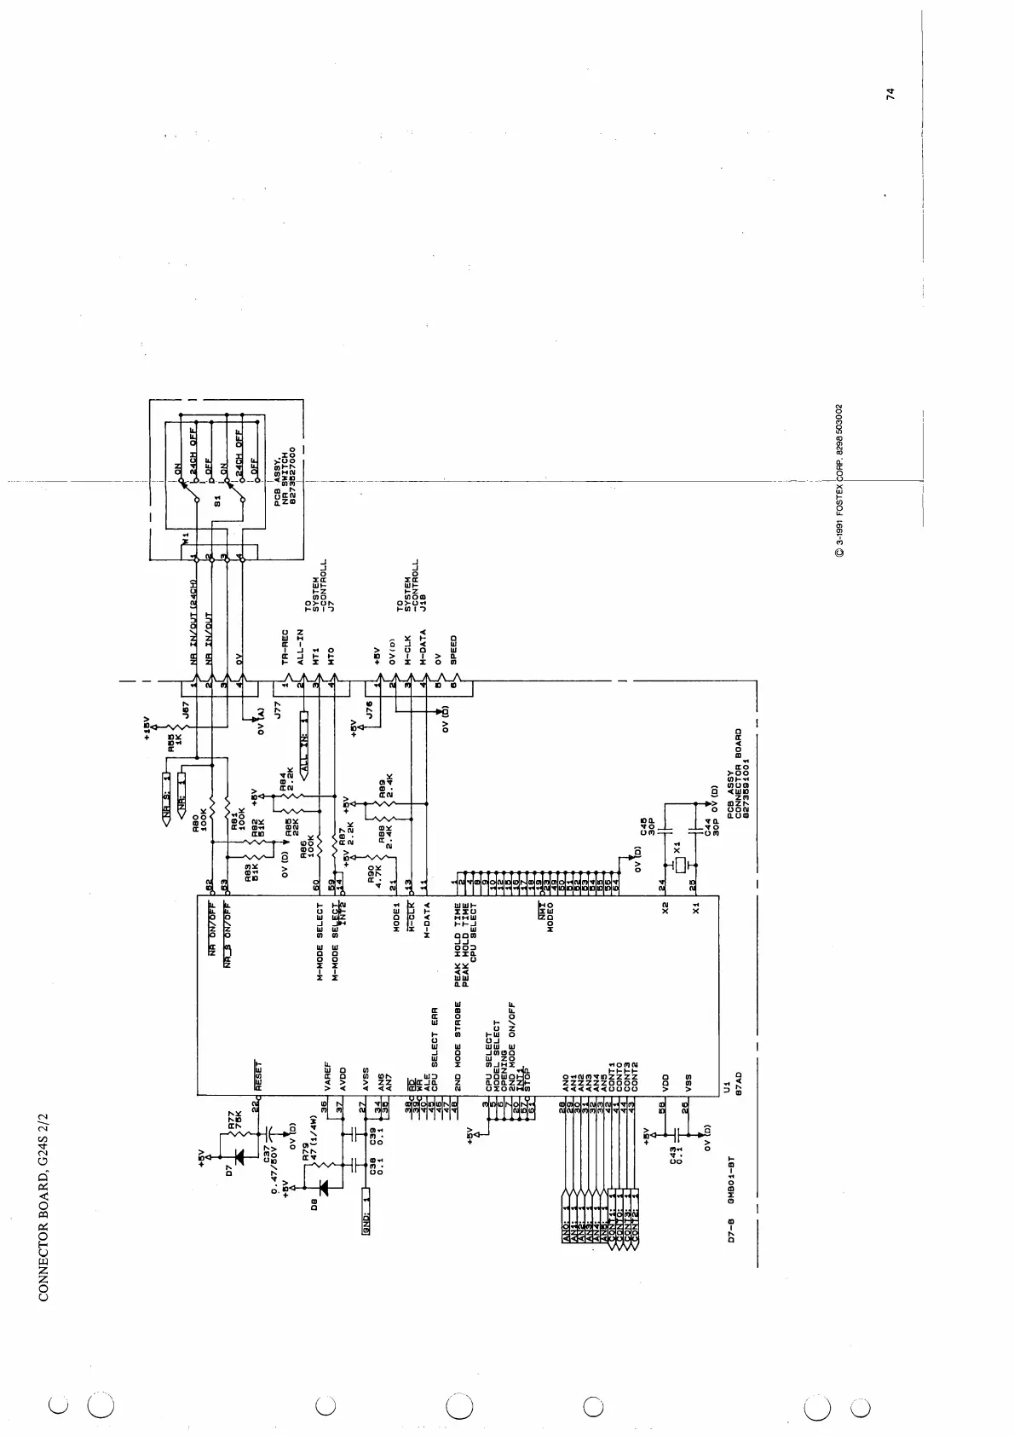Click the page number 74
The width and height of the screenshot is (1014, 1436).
(890, 94)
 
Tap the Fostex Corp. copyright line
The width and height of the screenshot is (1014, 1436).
(840, 480)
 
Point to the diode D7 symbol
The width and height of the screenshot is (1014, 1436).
(239, 1157)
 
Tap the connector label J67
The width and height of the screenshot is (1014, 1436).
(186, 709)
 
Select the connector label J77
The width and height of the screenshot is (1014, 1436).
(277, 709)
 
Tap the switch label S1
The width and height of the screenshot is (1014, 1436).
(217, 503)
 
